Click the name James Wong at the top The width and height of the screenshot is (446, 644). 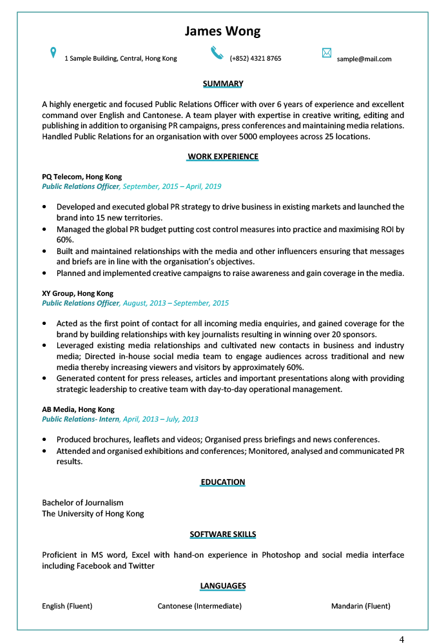click(x=222, y=32)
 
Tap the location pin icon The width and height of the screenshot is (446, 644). click(x=53, y=53)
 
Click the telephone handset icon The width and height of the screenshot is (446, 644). click(x=217, y=52)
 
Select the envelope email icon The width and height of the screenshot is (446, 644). click(x=326, y=53)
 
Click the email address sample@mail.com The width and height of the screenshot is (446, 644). click(x=364, y=59)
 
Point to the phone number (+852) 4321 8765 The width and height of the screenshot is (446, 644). click(x=255, y=59)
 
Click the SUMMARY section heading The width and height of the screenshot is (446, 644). click(x=223, y=84)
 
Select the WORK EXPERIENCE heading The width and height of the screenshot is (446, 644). click(x=223, y=157)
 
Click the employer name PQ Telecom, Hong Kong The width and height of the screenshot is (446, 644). click(x=82, y=177)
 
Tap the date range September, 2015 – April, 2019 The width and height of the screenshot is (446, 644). click(x=172, y=186)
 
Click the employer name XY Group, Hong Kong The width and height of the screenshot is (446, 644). click(x=77, y=293)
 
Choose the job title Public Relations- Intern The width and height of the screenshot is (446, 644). click(x=81, y=419)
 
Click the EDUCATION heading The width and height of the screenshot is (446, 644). click(x=223, y=482)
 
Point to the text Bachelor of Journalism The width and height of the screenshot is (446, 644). click(x=82, y=503)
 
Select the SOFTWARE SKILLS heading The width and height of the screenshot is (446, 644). click(x=223, y=534)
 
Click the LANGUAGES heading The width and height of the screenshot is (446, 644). click(x=223, y=586)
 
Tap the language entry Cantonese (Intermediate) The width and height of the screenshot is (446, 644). click(x=200, y=606)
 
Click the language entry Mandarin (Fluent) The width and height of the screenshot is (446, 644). click(x=361, y=606)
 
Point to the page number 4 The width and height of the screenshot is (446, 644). click(x=402, y=639)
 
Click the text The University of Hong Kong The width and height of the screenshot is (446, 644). click(x=93, y=514)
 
